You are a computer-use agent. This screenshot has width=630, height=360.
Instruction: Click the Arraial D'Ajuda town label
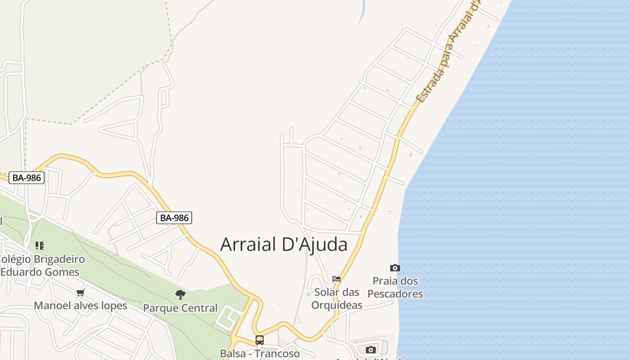283,244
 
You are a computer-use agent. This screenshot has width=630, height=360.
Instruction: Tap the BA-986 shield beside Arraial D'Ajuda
175,218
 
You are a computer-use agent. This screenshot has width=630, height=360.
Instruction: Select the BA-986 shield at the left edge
27,178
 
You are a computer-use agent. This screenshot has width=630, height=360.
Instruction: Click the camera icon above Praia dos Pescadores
395,268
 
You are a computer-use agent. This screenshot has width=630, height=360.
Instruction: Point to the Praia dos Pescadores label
395,288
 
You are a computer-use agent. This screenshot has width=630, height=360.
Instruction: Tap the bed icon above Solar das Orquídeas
336,279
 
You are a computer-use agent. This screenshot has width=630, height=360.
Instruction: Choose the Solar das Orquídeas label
337,299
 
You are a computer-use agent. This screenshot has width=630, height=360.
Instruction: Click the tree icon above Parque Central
180,295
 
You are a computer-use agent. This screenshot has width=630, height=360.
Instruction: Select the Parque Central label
180,308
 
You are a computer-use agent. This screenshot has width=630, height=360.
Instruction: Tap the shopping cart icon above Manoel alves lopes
81,293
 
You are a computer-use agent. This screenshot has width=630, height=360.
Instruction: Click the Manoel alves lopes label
81,306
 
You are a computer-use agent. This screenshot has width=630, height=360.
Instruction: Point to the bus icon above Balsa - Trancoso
259,340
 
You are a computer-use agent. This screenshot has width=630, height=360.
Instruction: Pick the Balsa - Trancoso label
260,353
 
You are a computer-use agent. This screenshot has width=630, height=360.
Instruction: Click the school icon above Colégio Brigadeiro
40,246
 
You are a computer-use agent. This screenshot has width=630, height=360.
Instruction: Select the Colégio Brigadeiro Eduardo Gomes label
41,265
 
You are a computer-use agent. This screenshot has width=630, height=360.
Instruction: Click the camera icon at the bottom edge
370,350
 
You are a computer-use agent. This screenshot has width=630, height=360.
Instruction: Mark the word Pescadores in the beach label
395,294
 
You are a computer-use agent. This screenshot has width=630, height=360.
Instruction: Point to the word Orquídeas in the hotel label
337,305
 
